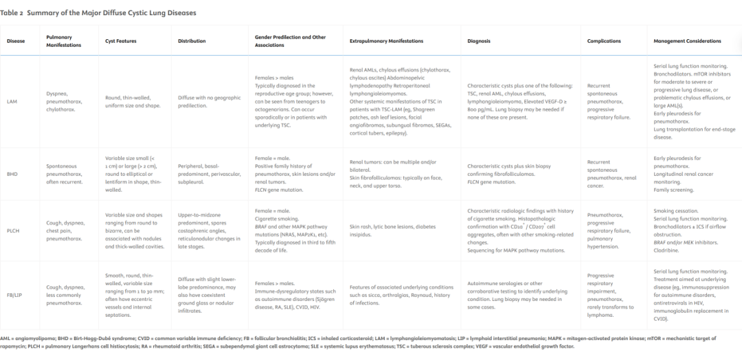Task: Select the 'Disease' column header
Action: pos(16,41)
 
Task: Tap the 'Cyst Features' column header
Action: pos(121,41)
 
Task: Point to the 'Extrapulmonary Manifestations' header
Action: pos(386,41)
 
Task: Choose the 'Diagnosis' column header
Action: pos(479,41)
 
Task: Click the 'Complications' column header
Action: pos(604,41)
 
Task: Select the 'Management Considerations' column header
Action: pos(687,41)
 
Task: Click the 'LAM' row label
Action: pos(12,102)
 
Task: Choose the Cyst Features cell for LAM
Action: pos(132,102)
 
